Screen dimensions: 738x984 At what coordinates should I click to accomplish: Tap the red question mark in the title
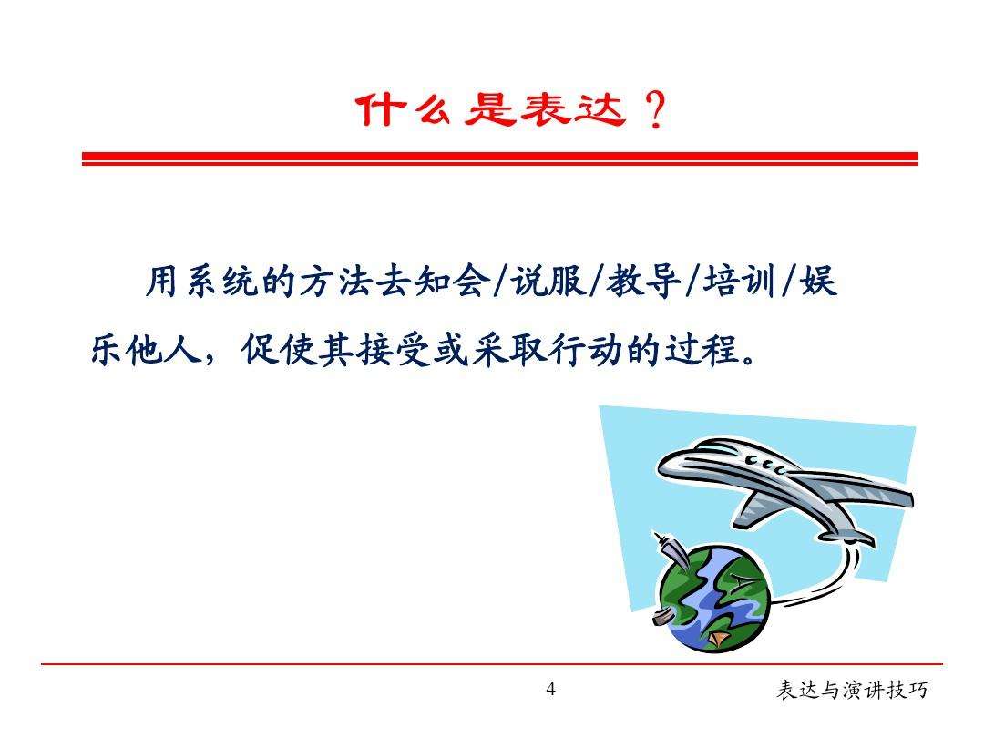[652, 114]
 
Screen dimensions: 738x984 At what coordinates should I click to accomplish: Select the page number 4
[550, 689]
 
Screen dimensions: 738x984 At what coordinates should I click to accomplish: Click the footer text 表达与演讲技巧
[851, 691]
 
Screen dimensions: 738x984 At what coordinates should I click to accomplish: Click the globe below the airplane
[713, 599]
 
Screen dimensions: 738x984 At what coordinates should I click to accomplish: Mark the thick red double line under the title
[499, 159]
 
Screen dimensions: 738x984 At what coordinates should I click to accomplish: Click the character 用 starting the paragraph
[160, 284]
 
